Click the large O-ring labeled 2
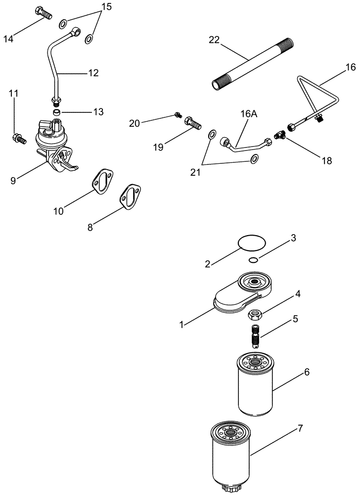point(252,243)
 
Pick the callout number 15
point(107,7)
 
